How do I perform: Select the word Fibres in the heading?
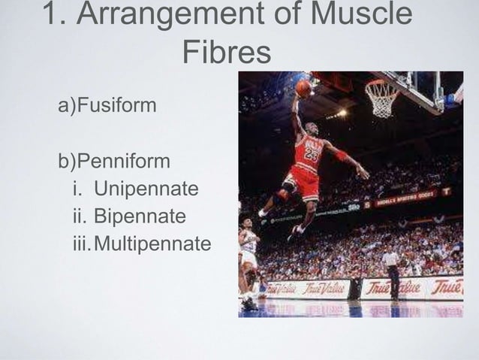click(x=226, y=52)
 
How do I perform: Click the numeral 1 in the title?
click(x=52, y=15)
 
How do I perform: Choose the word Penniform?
click(x=124, y=162)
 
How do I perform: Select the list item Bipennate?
click(x=140, y=216)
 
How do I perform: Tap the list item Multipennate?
click(x=153, y=244)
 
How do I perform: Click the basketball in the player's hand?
click(x=303, y=88)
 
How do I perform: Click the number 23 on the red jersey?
click(x=311, y=156)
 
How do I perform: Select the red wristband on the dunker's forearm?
click(x=342, y=156)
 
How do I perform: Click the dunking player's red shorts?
click(x=304, y=181)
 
